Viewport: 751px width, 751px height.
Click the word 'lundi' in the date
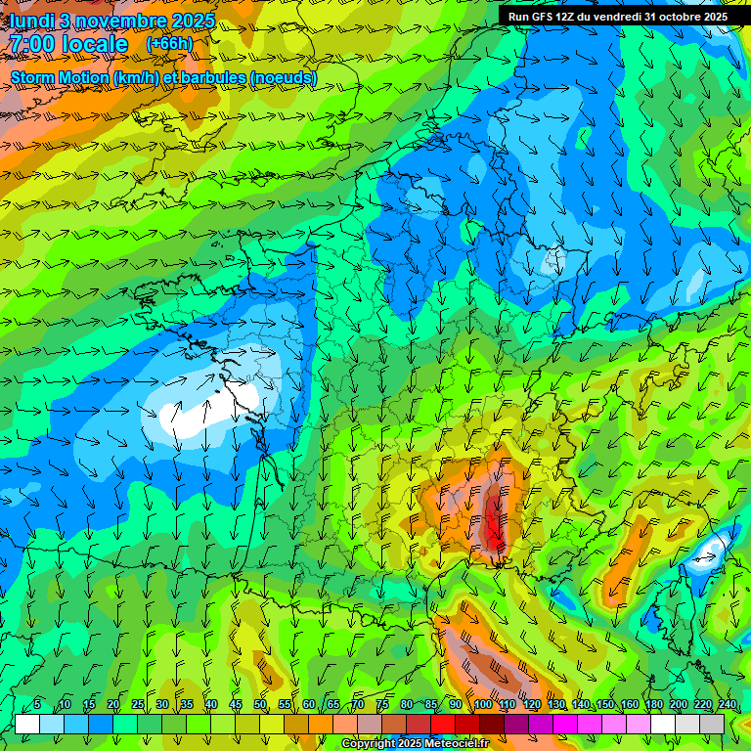[30, 21]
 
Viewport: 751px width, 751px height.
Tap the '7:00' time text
[32, 44]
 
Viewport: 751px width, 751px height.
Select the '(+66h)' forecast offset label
[169, 43]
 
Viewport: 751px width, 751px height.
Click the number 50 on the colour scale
[260, 704]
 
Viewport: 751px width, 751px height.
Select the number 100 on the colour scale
[482, 704]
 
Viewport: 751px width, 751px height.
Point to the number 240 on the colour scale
[727, 704]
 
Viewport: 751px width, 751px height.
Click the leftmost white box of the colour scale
[27, 724]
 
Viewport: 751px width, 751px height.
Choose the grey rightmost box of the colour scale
[712, 724]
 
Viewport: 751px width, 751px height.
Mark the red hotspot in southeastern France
[494, 518]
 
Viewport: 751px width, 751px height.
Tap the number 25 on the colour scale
[138, 704]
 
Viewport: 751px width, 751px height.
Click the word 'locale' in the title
[94, 44]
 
